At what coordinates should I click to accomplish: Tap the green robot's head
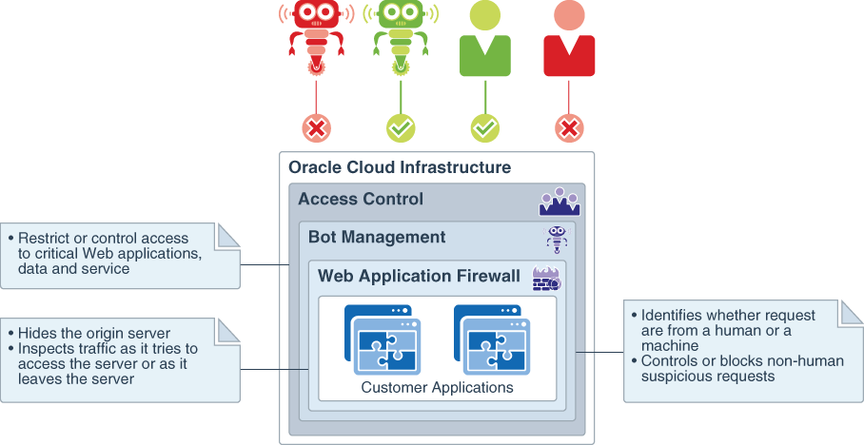401,13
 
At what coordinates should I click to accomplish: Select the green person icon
485,43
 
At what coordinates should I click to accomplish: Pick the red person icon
569,43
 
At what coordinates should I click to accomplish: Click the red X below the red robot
317,128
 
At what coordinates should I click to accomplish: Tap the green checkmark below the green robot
401,128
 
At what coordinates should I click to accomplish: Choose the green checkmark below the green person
485,128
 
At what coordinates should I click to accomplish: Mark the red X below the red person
569,128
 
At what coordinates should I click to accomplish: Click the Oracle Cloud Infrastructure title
400,168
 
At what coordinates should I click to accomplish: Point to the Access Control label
361,200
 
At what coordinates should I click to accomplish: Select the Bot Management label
377,237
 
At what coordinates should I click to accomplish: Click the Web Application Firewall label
419,277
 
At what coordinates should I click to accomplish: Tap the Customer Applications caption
437,388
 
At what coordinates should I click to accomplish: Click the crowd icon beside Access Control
560,202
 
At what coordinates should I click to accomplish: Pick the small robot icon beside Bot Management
557,239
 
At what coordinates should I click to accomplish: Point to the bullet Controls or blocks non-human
727,368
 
